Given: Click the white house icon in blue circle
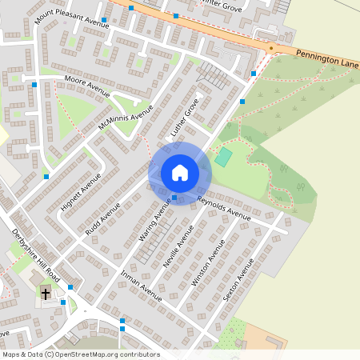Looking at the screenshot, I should (x=180, y=173).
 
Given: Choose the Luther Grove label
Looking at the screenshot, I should (x=185, y=118).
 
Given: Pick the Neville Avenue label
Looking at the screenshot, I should (x=180, y=246).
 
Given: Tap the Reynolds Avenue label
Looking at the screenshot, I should (x=223, y=207).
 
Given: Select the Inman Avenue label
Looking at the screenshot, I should (x=141, y=286).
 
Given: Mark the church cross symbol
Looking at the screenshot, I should (x=46, y=294).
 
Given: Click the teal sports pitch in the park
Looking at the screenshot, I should (x=222, y=157).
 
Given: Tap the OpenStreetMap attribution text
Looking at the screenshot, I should (x=81, y=354).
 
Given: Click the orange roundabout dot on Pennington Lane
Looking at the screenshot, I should (x=270, y=49).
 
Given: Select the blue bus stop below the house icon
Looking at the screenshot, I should (x=174, y=198).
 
